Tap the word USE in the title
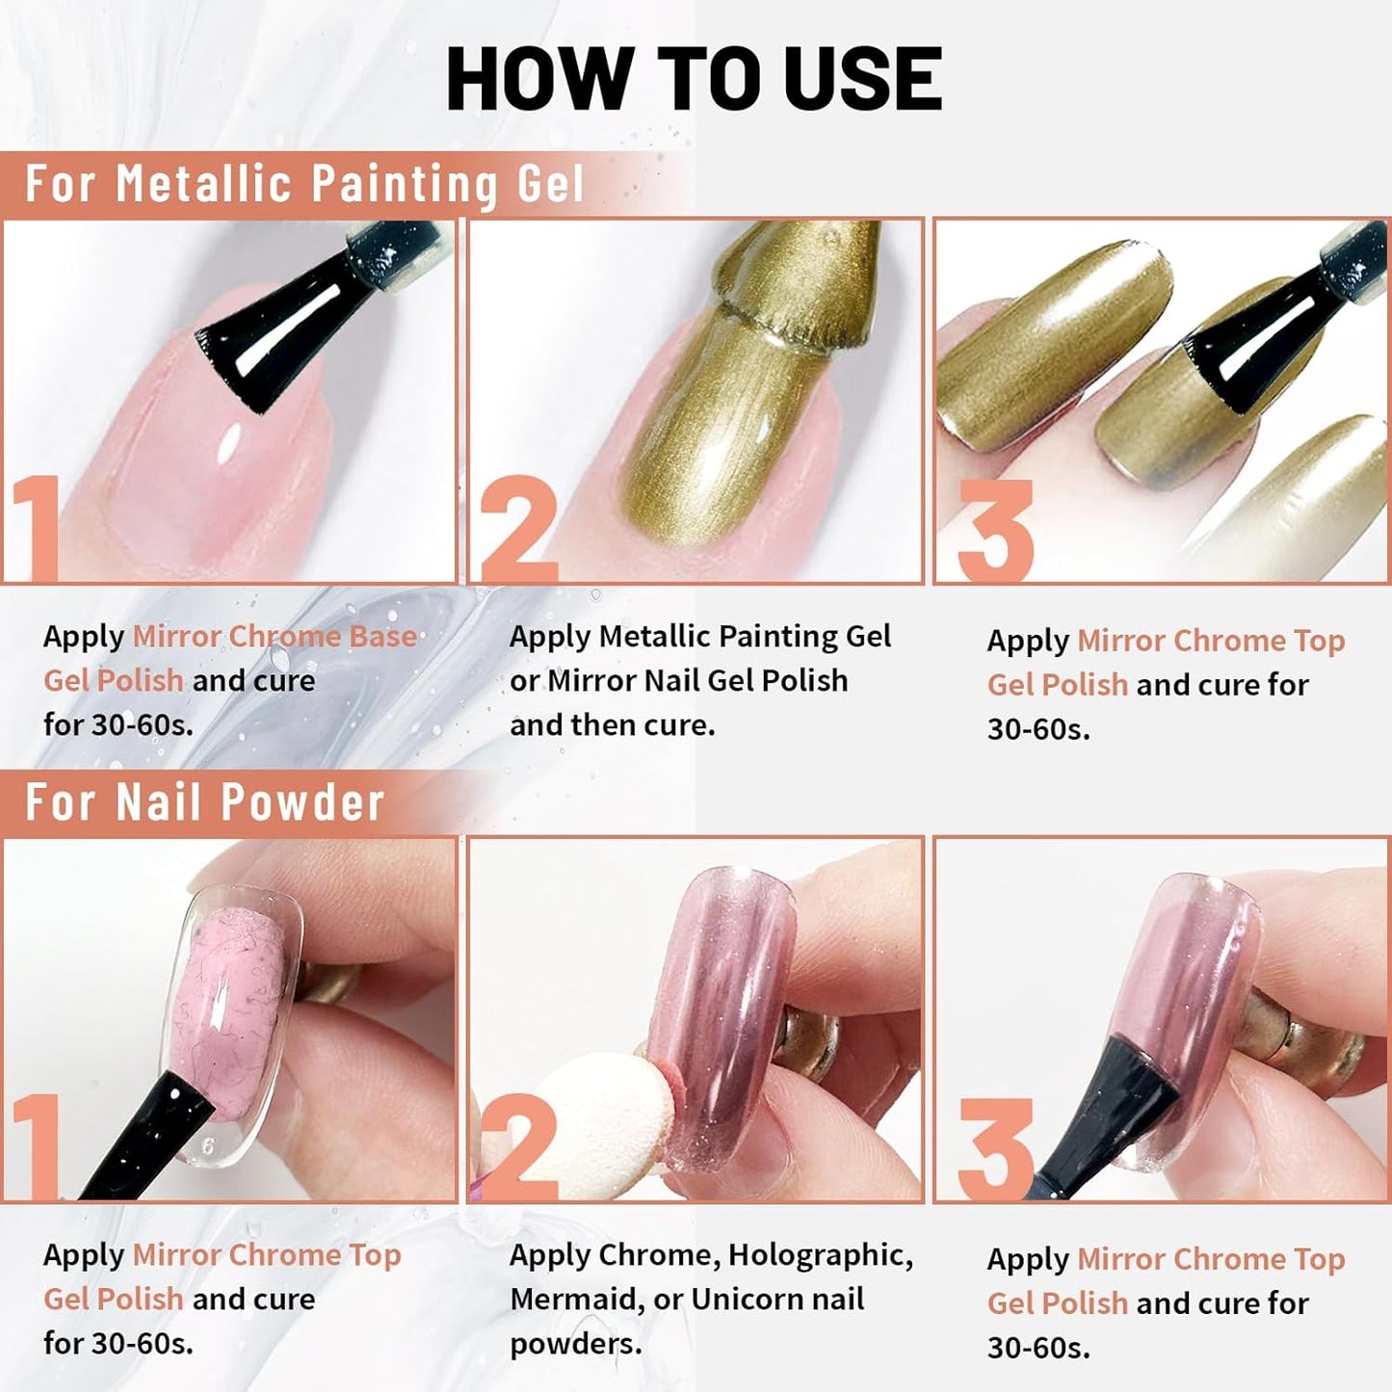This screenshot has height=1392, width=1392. click(x=862, y=79)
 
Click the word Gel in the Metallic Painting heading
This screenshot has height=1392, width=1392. click(x=550, y=183)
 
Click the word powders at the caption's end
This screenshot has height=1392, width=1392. click(x=575, y=1344)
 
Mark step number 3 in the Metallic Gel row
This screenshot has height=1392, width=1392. click(x=994, y=532)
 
